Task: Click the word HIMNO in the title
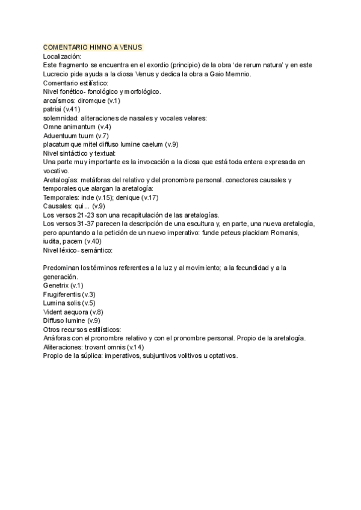[x=100, y=48]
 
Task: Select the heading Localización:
[x=63, y=56]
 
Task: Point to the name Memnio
[x=238, y=74]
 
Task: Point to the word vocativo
[x=58, y=171]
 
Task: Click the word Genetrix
[x=56, y=286]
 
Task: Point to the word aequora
[x=73, y=312]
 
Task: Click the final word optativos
[x=221, y=356]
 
